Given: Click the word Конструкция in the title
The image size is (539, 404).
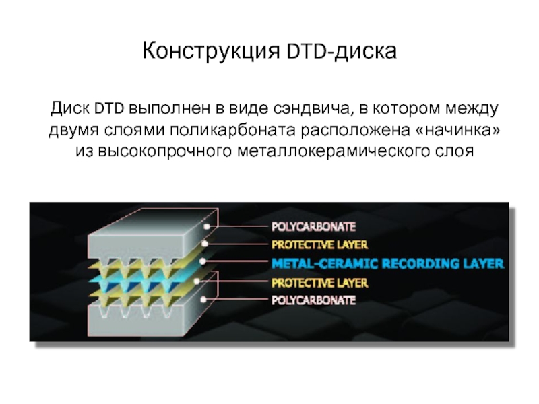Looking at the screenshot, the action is (212, 51).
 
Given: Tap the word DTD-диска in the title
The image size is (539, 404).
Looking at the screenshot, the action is (342, 51).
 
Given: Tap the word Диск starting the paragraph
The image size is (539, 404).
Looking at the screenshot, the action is (70, 108).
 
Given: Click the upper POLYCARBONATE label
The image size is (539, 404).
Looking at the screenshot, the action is (313, 227).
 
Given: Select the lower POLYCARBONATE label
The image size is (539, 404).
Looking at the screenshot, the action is (313, 300).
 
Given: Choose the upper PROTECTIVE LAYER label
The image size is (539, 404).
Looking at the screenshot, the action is (319, 245).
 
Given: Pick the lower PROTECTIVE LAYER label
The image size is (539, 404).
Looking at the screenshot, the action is (319, 283).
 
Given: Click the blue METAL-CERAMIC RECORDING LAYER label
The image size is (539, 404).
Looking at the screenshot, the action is (387, 263).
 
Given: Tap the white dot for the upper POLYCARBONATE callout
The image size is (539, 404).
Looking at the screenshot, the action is (207, 226).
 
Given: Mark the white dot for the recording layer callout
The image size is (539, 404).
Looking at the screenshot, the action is (203, 261).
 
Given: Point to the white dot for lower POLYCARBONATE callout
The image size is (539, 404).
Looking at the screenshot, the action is (203, 300).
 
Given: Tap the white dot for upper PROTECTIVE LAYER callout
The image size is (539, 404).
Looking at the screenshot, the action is (205, 244).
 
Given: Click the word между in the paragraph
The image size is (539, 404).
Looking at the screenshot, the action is (472, 108).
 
